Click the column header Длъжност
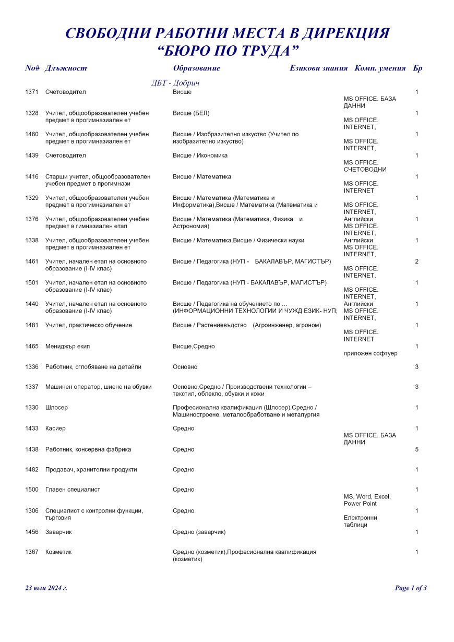[66, 68]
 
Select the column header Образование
[196, 68]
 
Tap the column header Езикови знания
[318, 68]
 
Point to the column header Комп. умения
[380, 68]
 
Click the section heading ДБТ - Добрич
[175, 83]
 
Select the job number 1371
[32, 92]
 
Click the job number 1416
[32, 176]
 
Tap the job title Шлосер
[56, 407]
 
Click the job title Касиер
[55, 428]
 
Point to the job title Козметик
[58, 552]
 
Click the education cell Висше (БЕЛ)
[191, 113]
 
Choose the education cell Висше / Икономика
[200, 155]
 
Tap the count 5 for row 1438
[416, 449]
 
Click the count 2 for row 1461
[416, 261]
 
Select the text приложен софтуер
[370, 353]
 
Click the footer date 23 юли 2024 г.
[46, 588]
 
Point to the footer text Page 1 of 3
[411, 588]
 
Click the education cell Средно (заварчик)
[199, 531]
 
